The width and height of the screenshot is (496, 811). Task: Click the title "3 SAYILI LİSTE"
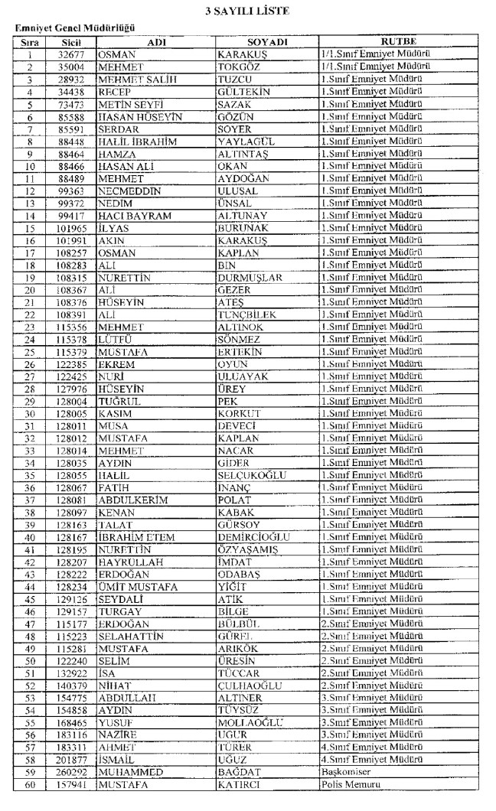pyautogui.click(x=248, y=12)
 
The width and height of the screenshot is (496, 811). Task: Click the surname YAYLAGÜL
pyautogui.click(x=246, y=142)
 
